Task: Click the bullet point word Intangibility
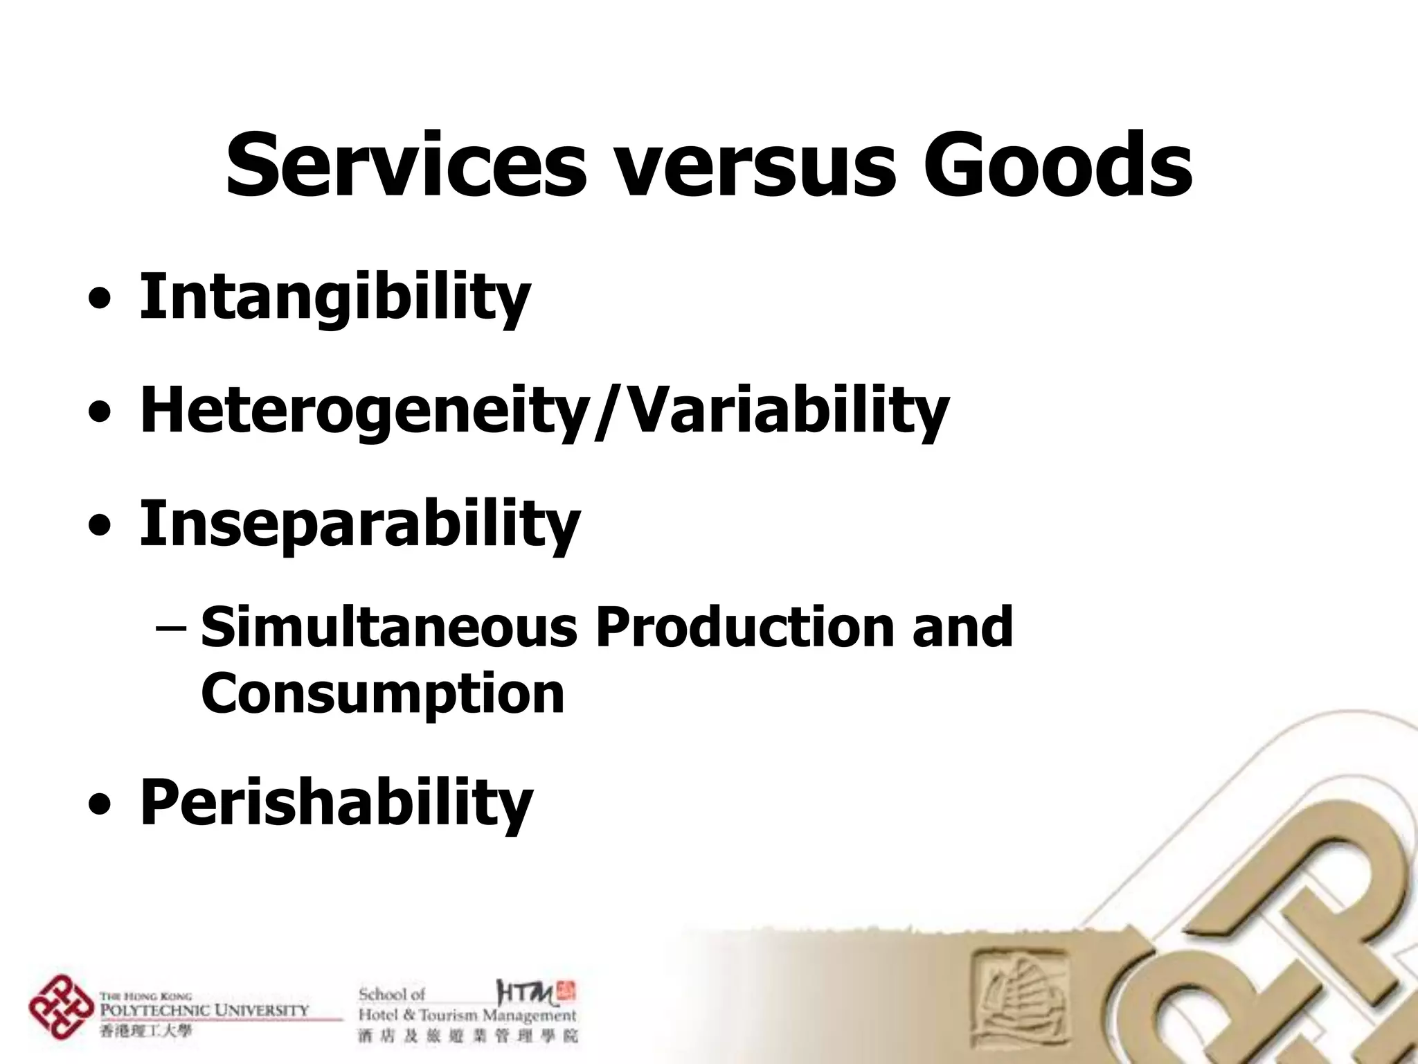[x=335, y=298]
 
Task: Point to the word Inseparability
[x=360, y=524]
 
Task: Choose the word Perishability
[x=336, y=802]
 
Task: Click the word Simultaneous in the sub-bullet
[x=389, y=627]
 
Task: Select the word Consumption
[x=383, y=693]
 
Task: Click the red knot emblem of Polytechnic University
[x=61, y=1007]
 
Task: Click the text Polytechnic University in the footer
[x=204, y=1011]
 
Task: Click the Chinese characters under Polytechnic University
[x=145, y=1031]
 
